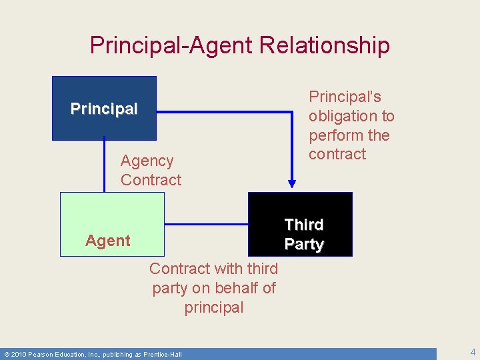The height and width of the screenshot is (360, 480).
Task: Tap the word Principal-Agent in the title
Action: click(x=173, y=45)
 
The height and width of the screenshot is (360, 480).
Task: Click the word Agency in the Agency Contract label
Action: click(x=147, y=161)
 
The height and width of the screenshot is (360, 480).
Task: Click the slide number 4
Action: click(x=472, y=352)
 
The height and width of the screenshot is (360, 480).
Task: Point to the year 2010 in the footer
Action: click(x=19, y=354)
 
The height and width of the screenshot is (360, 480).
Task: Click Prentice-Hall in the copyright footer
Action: click(x=161, y=354)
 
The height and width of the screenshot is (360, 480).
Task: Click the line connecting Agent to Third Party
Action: click(x=206, y=223)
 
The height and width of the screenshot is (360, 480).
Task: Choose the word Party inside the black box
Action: click(x=303, y=245)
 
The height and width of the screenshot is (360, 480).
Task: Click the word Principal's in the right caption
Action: click(x=345, y=97)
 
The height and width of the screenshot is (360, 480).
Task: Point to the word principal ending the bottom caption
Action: click(x=214, y=307)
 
